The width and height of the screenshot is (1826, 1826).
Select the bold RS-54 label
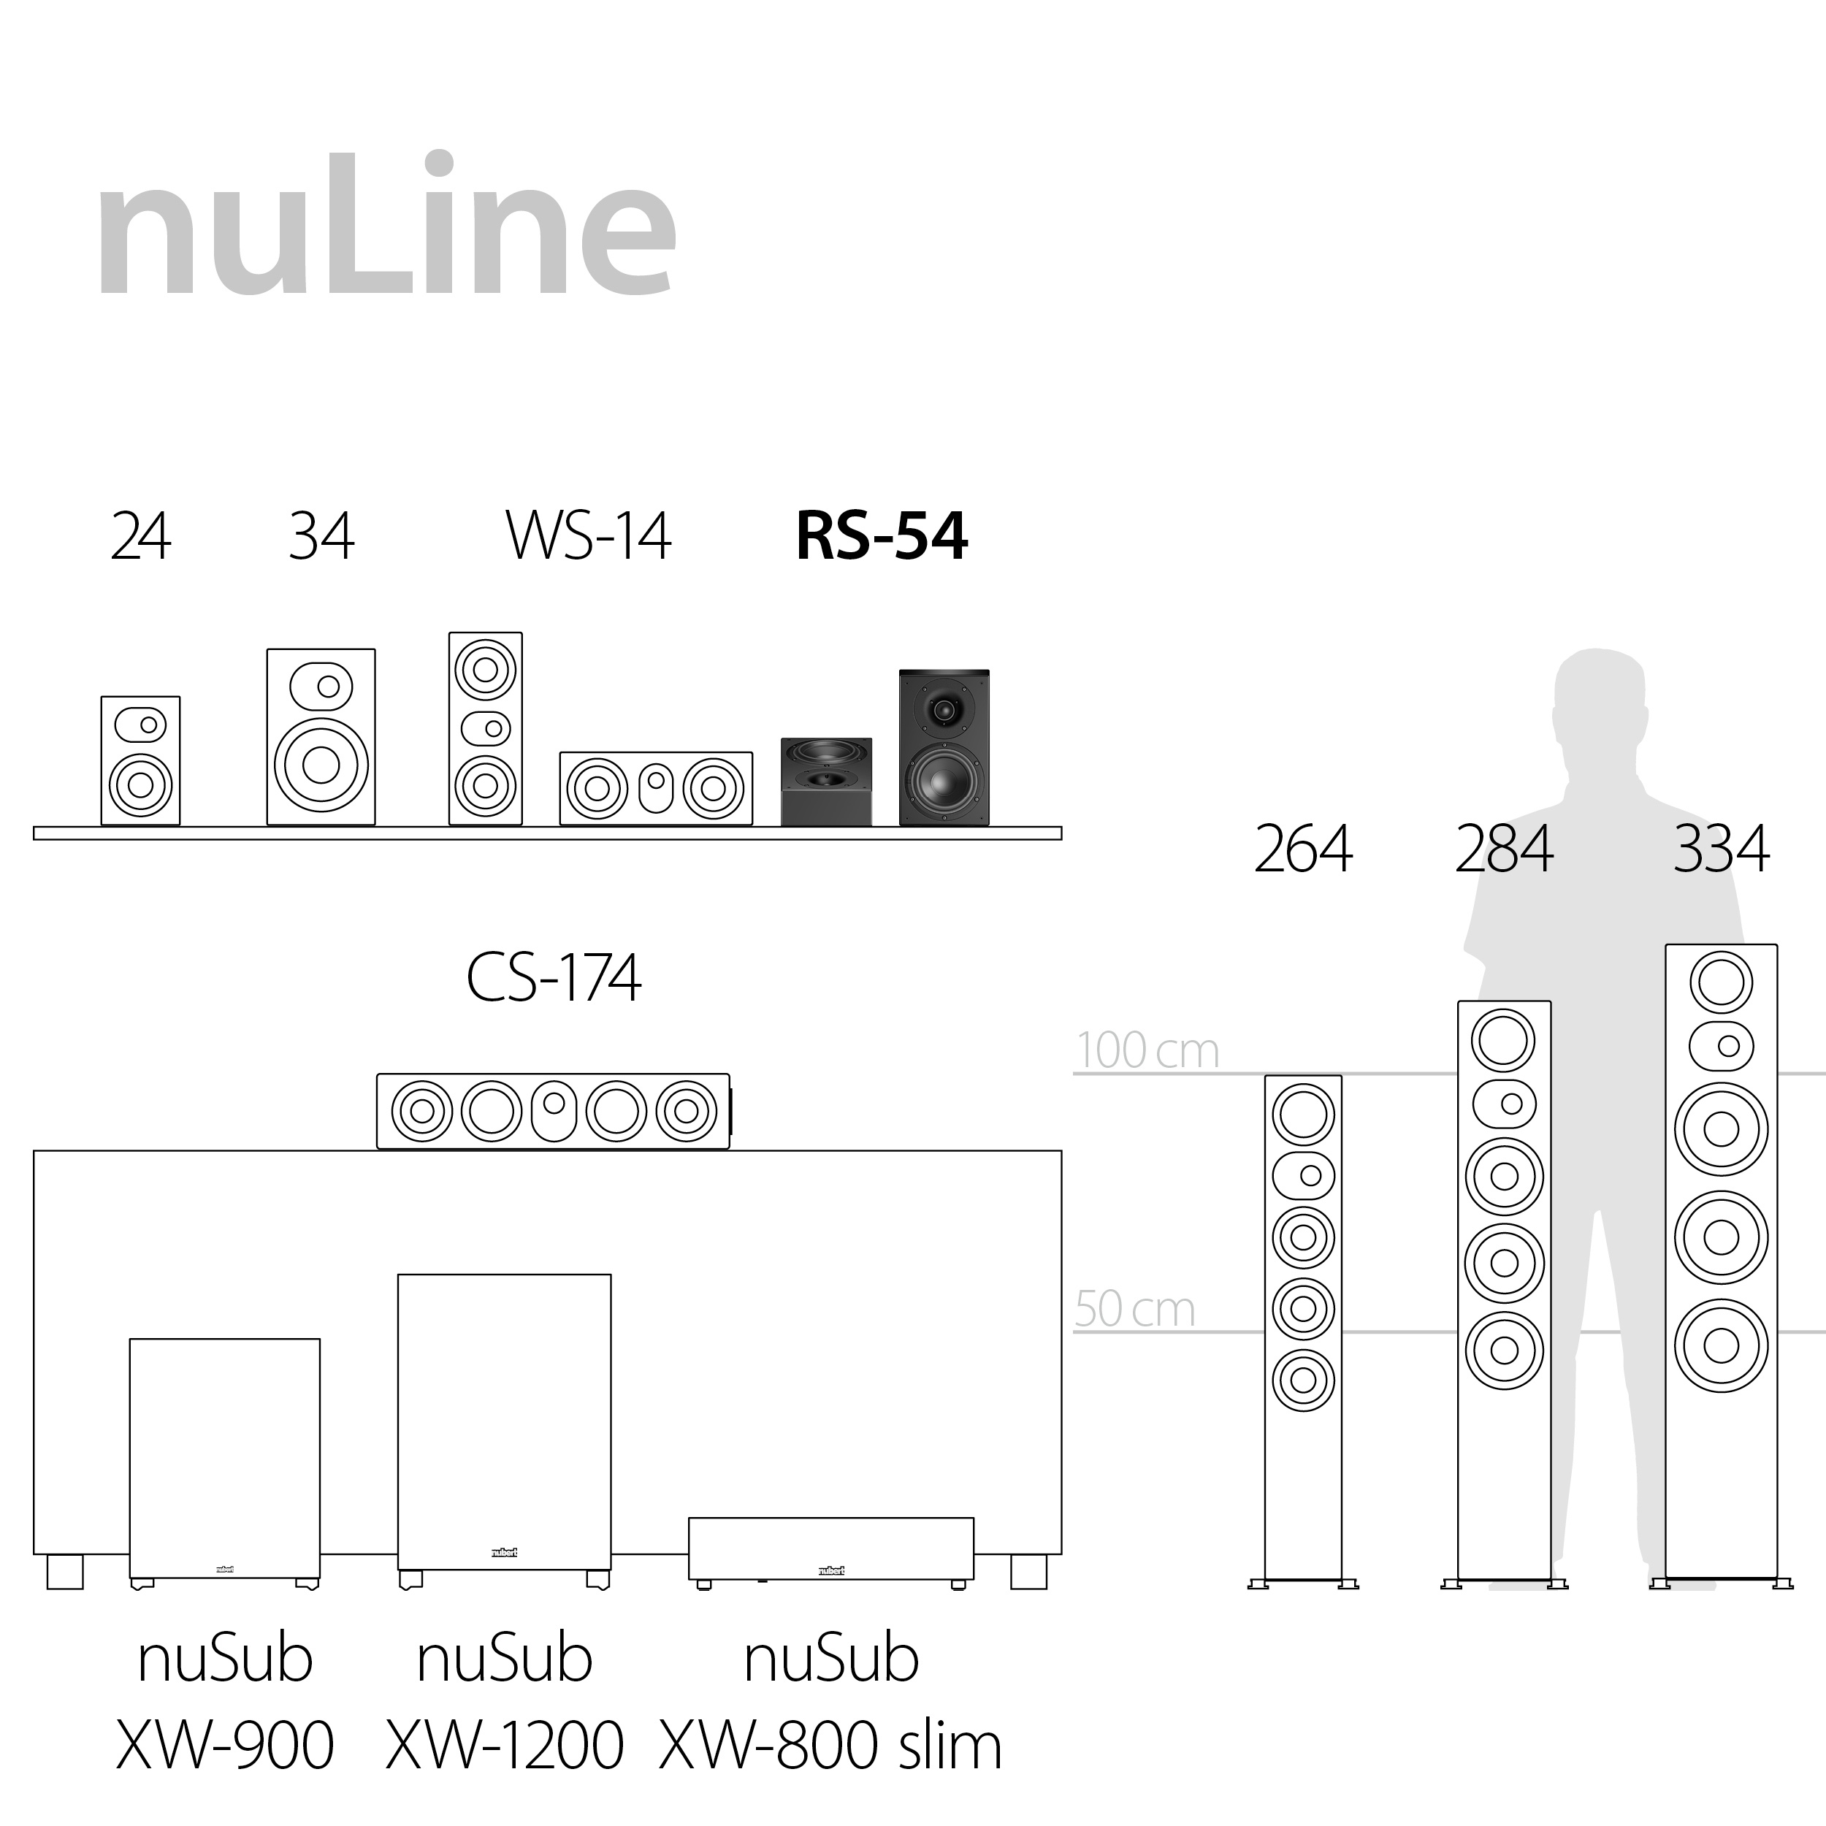tap(881, 536)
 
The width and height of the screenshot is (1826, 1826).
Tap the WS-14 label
tap(588, 536)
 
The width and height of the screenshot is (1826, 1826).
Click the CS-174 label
tap(554, 977)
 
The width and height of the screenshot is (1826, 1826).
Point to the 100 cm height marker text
tap(1147, 1050)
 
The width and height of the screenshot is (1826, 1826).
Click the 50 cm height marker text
tap(1134, 1309)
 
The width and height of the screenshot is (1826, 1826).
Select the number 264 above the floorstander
tap(1302, 849)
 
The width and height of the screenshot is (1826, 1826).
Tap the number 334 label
tap(1720, 849)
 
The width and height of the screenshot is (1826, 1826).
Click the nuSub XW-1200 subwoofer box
tap(504, 1418)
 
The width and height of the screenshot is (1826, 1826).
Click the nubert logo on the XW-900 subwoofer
tap(225, 1569)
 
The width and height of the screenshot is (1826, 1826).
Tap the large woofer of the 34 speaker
tap(321, 765)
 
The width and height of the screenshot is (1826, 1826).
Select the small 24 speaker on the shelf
tap(140, 761)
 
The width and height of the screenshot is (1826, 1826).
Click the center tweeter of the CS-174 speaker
tap(554, 1104)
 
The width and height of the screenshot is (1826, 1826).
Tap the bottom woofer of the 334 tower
tap(1720, 1346)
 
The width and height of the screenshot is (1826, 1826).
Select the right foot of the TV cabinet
tap(1028, 1572)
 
